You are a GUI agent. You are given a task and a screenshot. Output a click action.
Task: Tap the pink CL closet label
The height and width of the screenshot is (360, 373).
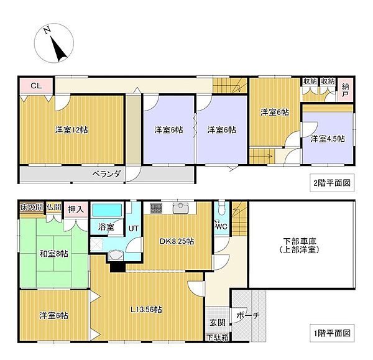coord(36,86)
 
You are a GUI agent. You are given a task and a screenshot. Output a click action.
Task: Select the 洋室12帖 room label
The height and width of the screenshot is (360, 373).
coord(70,130)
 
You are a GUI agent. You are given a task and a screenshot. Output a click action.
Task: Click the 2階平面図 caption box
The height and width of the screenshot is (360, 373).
coord(332,183)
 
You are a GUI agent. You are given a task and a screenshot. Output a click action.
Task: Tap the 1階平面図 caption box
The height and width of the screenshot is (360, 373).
coord(332,333)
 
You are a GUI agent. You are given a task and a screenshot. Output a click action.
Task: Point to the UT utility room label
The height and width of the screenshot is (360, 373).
coord(134,229)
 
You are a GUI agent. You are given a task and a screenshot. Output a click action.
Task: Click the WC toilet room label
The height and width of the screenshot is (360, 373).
coord(222,226)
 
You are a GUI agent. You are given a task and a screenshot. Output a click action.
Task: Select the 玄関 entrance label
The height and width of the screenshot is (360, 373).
coord(218,322)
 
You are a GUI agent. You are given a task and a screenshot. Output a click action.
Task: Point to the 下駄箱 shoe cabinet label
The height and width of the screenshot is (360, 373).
coord(218,338)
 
